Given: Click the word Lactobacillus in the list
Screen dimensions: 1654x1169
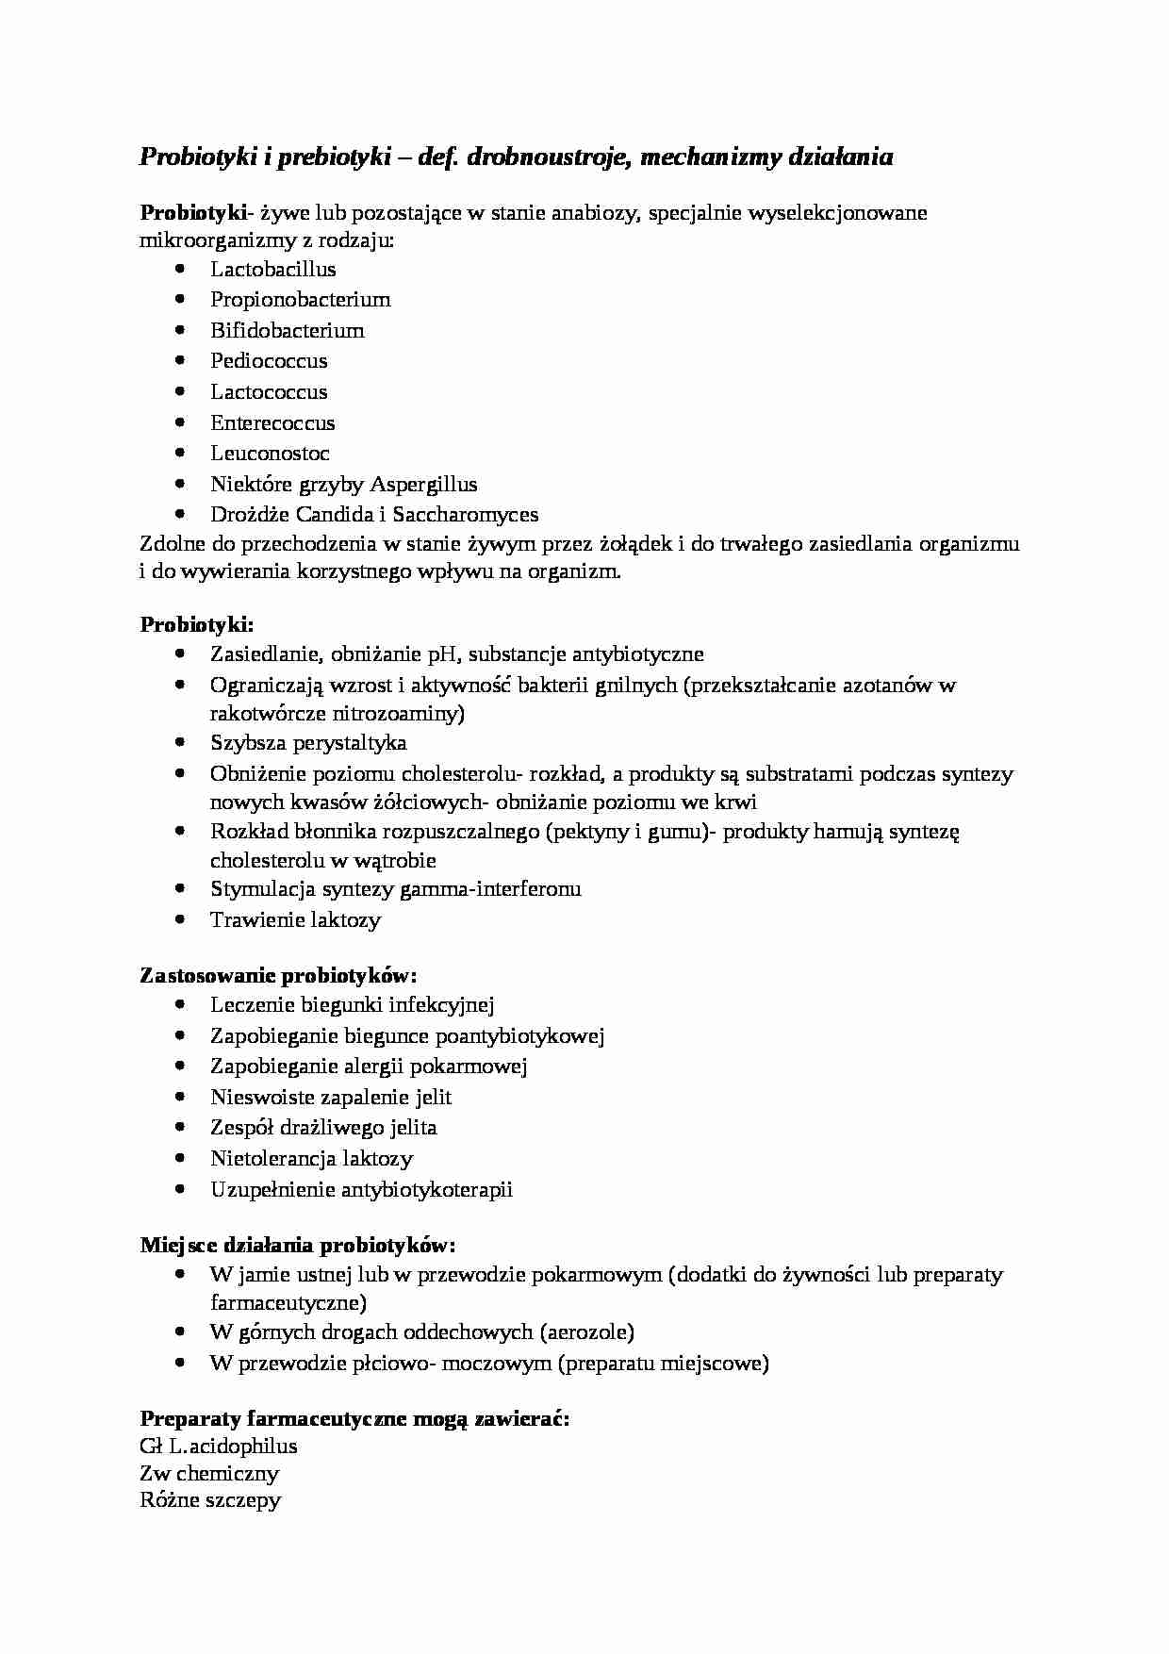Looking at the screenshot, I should pos(272,269).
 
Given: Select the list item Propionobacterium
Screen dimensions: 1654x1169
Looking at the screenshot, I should pos(300,300).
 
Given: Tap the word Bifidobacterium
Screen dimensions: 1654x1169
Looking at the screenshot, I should pos(287,330).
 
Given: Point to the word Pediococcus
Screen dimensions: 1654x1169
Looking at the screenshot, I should pos(269,361).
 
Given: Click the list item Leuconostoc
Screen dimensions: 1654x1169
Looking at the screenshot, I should pos(270,454).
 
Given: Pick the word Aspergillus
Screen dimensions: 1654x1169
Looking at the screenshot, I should pos(423,485).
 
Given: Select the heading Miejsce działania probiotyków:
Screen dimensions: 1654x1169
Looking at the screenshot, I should pos(298,1246).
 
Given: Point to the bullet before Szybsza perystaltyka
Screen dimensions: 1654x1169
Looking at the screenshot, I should pos(181,743).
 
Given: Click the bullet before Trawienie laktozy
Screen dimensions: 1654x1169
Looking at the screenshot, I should pos(181,919).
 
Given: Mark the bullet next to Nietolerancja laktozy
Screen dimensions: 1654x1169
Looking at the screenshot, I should pos(181,1159).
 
